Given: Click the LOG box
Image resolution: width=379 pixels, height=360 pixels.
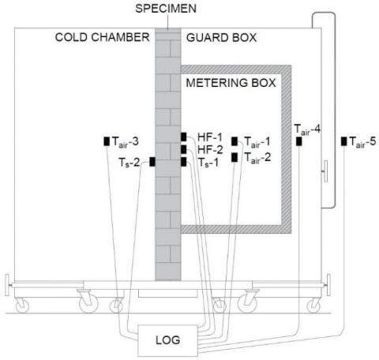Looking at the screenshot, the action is (168, 340).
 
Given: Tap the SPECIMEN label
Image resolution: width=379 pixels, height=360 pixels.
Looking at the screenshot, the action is (166, 9).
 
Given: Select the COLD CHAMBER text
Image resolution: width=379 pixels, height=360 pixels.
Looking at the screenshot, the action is (102, 37).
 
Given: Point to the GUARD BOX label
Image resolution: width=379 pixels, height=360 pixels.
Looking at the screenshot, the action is (221, 38).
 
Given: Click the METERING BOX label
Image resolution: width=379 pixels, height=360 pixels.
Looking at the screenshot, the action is (231, 83).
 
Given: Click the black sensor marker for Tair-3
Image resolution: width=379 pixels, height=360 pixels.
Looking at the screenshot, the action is (107, 141).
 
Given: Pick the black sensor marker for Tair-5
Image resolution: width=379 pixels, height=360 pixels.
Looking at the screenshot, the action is (343, 141).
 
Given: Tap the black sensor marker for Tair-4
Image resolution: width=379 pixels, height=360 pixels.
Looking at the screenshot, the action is (298, 141).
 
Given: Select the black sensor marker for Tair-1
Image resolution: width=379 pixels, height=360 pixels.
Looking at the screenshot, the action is (235, 141).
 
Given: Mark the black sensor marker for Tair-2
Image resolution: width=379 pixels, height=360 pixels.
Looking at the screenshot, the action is (235, 157).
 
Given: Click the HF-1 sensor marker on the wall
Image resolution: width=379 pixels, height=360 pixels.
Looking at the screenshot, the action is (184, 137).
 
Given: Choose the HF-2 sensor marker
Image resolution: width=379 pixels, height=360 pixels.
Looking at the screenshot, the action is (184, 149).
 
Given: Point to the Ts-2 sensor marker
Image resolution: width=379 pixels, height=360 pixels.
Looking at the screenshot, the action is (152, 162).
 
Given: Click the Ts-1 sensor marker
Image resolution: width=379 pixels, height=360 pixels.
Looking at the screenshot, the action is (184, 162).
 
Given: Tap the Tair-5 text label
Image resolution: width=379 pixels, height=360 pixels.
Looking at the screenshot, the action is (362, 142).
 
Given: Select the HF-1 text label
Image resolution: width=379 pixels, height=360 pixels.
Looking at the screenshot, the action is (210, 137).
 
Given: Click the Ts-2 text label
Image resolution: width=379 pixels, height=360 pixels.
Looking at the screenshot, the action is (129, 163).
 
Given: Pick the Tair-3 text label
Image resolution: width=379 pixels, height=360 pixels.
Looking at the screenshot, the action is (126, 142).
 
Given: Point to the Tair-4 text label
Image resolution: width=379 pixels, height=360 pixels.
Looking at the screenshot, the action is (307, 129).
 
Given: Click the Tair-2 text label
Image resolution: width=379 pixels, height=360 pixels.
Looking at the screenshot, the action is (257, 158).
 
